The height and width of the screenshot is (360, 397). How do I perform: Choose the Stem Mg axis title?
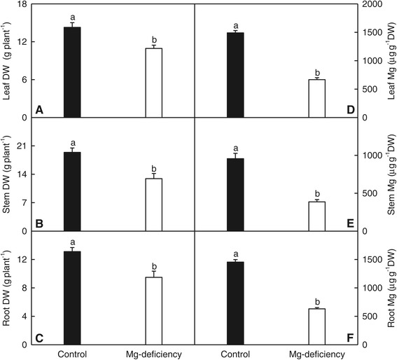(389, 175)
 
